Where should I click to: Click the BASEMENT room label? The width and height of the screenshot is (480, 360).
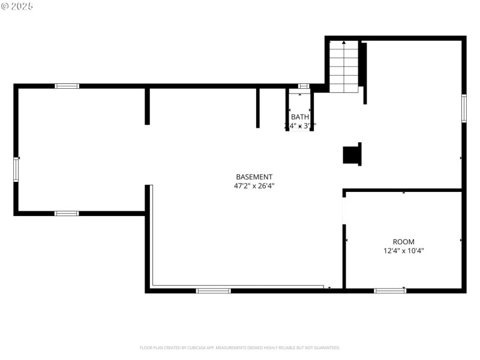tap(254, 177)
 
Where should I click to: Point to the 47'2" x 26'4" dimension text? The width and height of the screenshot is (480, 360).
tap(254, 186)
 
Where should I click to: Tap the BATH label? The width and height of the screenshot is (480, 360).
tap(300, 117)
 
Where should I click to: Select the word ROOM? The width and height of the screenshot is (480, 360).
tap(403, 242)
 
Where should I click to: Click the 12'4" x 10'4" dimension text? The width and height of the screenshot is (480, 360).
tap(403, 251)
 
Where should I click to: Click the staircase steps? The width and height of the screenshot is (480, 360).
tap(344, 67)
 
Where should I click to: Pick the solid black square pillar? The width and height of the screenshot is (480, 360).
tap(352, 154)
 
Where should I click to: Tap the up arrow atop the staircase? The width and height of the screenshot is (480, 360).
tap(344, 43)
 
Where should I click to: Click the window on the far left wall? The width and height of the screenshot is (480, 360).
tap(16, 169)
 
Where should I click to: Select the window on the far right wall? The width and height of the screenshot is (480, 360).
tap(464, 109)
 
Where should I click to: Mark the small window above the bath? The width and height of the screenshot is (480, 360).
tap(304, 86)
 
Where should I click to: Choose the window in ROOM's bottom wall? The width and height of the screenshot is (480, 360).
tap(389, 290)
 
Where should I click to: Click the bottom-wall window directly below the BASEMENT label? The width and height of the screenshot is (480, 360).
tap(213, 290)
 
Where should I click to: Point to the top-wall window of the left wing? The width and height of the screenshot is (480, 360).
tap(67, 86)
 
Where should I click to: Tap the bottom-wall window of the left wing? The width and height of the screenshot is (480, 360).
tap(67, 213)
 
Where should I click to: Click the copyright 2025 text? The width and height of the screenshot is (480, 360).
tap(18, 6)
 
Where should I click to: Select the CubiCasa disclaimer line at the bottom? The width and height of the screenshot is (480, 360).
tap(240, 348)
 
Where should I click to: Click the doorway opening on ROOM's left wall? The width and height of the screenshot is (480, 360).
tap(344, 210)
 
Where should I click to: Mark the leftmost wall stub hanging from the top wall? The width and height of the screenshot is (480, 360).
tap(147, 107)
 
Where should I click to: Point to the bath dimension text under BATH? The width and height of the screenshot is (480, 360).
tap(300, 126)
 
